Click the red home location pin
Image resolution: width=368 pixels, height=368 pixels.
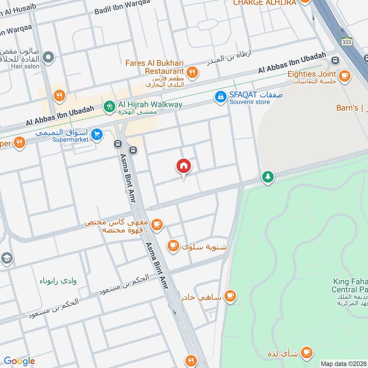184,166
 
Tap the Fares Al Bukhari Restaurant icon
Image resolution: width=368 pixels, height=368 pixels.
192,72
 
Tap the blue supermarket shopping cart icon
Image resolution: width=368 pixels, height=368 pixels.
96,134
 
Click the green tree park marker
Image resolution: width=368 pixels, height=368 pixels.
267,177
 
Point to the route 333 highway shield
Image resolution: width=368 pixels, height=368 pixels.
346,41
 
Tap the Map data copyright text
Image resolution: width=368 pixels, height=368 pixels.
343,363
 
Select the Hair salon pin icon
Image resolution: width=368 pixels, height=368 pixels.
48,58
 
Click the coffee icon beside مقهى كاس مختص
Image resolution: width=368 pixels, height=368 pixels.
157,224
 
